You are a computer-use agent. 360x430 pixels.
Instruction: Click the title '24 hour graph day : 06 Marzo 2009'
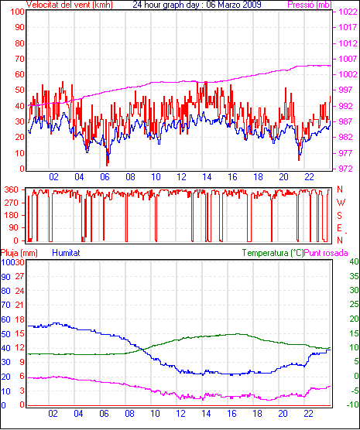(197, 5)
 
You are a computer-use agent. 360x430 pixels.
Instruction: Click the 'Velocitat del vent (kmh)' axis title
(70, 5)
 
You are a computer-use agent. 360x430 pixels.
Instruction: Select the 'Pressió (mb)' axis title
(310, 5)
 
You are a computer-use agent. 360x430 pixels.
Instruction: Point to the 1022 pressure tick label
(348, 12)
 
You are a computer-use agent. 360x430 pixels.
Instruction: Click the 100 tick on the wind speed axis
(18, 12)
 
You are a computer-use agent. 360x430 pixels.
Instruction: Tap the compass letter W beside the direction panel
(341, 203)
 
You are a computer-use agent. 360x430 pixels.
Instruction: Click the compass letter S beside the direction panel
(339, 216)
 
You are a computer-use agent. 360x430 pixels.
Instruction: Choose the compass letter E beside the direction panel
(339, 228)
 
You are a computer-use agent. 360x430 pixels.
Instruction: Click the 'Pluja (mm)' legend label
(19, 253)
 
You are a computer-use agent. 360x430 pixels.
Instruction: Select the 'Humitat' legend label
(66, 253)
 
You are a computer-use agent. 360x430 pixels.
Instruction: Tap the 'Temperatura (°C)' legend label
(273, 253)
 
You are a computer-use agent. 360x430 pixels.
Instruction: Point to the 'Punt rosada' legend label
(326, 253)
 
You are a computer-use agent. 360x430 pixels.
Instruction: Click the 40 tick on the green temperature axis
(354, 261)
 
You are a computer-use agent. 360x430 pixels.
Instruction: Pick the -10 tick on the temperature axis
(352, 404)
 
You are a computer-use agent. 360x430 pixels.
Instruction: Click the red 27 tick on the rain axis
(20, 276)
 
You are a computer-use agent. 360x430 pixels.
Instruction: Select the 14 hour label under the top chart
(207, 177)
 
